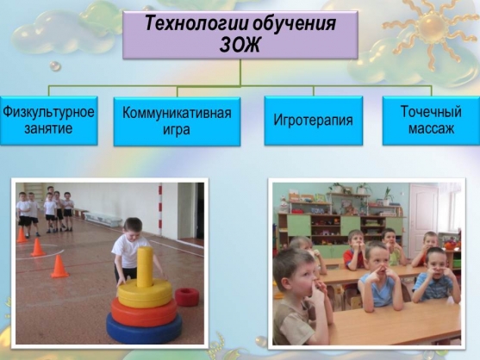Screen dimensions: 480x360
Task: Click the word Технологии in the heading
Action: (x=196, y=23)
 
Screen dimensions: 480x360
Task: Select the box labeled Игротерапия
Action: (x=314, y=121)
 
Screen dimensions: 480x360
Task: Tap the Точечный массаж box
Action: (x=431, y=121)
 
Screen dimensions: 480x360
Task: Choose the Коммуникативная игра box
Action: (x=177, y=121)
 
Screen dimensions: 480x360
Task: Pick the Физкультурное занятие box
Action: (x=48, y=121)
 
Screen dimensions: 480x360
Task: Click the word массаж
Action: (x=431, y=128)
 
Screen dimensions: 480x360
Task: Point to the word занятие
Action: (x=48, y=128)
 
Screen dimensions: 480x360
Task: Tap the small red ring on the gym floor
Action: (x=187, y=296)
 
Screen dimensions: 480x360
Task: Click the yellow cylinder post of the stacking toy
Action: (x=145, y=267)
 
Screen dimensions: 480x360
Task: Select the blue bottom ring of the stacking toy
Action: (x=144, y=328)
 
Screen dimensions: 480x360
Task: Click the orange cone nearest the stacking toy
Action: (x=59, y=267)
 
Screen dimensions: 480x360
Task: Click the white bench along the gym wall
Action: (x=103, y=220)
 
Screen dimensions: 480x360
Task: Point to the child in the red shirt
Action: (x=355, y=251)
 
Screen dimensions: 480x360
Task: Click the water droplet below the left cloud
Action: (x=55, y=65)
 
